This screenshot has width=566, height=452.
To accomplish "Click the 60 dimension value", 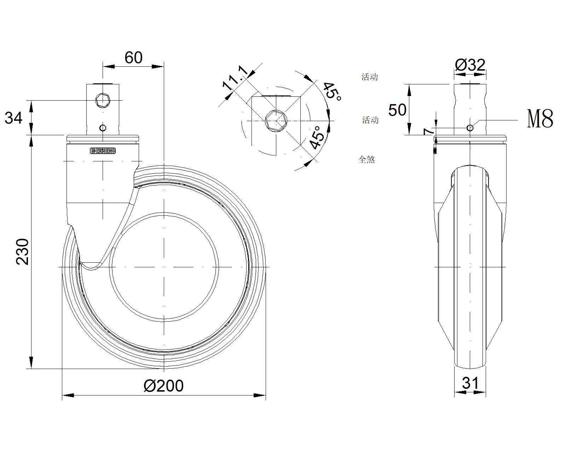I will tap(133, 58).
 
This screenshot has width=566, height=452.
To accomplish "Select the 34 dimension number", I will tap(13, 118).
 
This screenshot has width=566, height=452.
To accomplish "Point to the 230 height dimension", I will tap(23, 251).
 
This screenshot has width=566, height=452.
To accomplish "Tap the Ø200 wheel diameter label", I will tap(163, 386).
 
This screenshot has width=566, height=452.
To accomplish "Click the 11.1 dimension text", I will tap(235, 78).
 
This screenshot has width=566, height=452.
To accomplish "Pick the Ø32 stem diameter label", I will tap(470, 65).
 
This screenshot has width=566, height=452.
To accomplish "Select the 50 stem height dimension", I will tap(397, 110).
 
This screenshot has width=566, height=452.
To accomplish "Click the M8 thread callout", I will tap(540, 119).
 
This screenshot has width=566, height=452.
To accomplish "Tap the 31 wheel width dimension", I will tap(470, 383).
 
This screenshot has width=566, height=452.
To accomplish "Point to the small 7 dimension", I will tap(429, 131).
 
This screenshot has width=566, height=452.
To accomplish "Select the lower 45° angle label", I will tap(317, 138).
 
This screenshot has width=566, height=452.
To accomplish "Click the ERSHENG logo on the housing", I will tap(103, 151).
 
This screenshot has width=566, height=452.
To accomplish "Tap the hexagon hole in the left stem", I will tap(103, 100).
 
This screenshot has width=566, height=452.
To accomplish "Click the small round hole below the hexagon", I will tap(103, 127).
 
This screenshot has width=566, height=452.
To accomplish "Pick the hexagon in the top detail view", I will tap(276, 120).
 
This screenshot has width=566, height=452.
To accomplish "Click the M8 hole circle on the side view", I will tap(470, 127).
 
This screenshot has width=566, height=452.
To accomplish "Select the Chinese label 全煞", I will tap(366, 160).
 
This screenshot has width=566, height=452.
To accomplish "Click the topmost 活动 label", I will tap(370, 77).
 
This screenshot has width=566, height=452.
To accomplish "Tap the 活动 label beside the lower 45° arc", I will tap(370, 120).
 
